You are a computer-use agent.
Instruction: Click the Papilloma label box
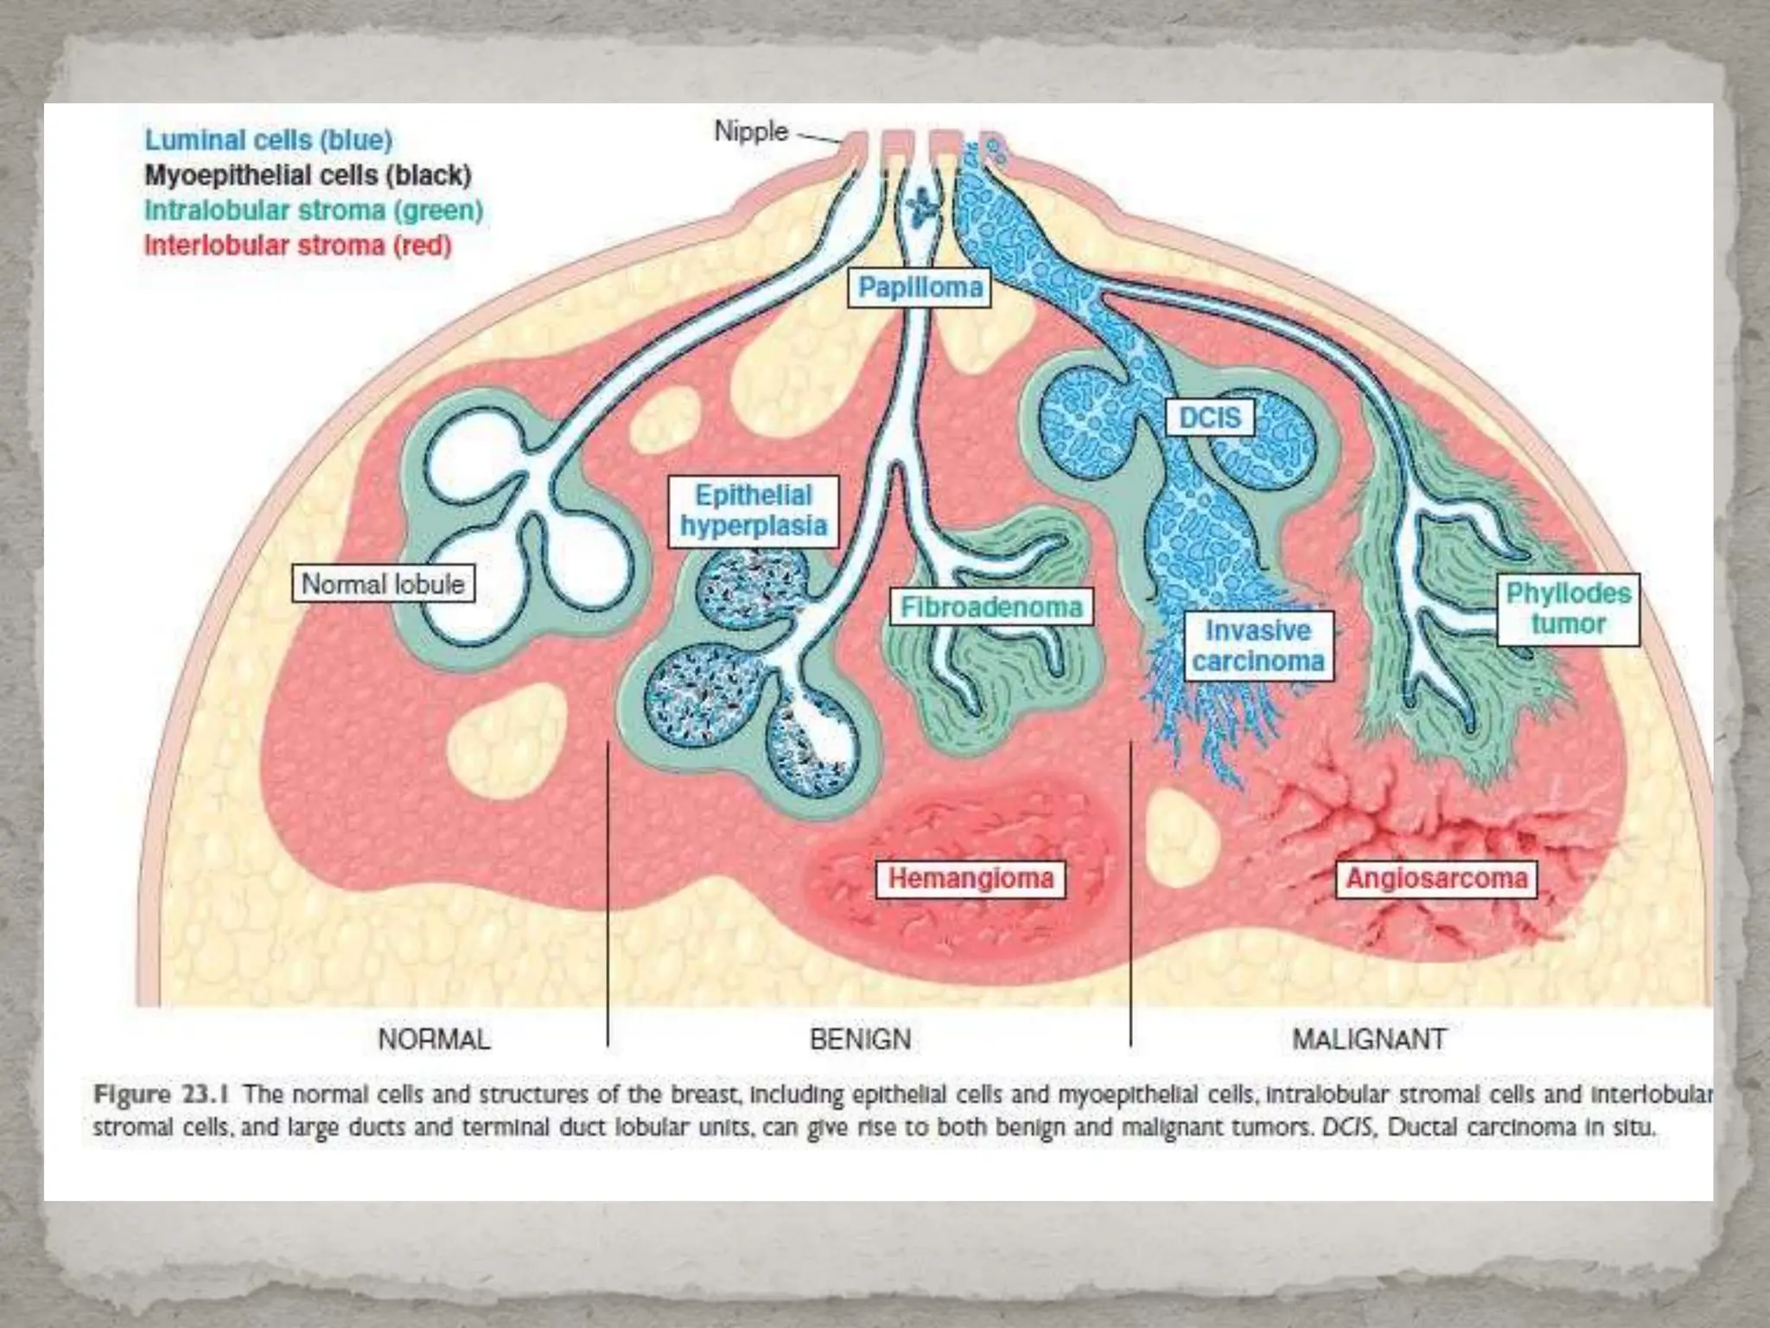(920, 288)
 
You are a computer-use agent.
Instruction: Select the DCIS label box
(1209, 418)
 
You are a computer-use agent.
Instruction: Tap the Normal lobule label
(383, 584)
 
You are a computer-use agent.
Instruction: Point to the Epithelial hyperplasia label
(753, 511)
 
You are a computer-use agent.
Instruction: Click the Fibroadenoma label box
(991, 607)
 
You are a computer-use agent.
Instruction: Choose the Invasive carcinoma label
(1257, 646)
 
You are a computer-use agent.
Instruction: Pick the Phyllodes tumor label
(1568, 609)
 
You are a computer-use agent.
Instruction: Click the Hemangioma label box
(971, 878)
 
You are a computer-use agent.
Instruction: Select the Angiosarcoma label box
(1436, 878)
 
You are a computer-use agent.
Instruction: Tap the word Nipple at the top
(751, 131)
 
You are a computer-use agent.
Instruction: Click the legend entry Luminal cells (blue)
(268, 140)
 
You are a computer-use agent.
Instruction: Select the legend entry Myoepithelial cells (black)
(308, 176)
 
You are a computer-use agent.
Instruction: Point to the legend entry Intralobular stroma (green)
(313, 210)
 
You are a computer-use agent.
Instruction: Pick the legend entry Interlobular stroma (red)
(298, 246)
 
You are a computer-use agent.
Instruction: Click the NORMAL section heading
(434, 1038)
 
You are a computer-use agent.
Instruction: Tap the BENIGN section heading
(860, 1038)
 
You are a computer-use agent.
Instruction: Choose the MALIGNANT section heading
(1369, 1038)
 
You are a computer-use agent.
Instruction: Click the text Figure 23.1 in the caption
(161, 1095)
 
